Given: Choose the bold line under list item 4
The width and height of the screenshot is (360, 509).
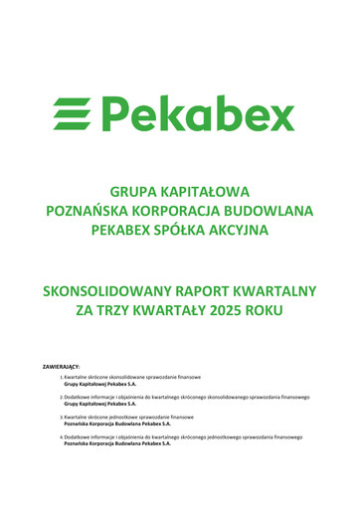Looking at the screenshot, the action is (x=116, y=442).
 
